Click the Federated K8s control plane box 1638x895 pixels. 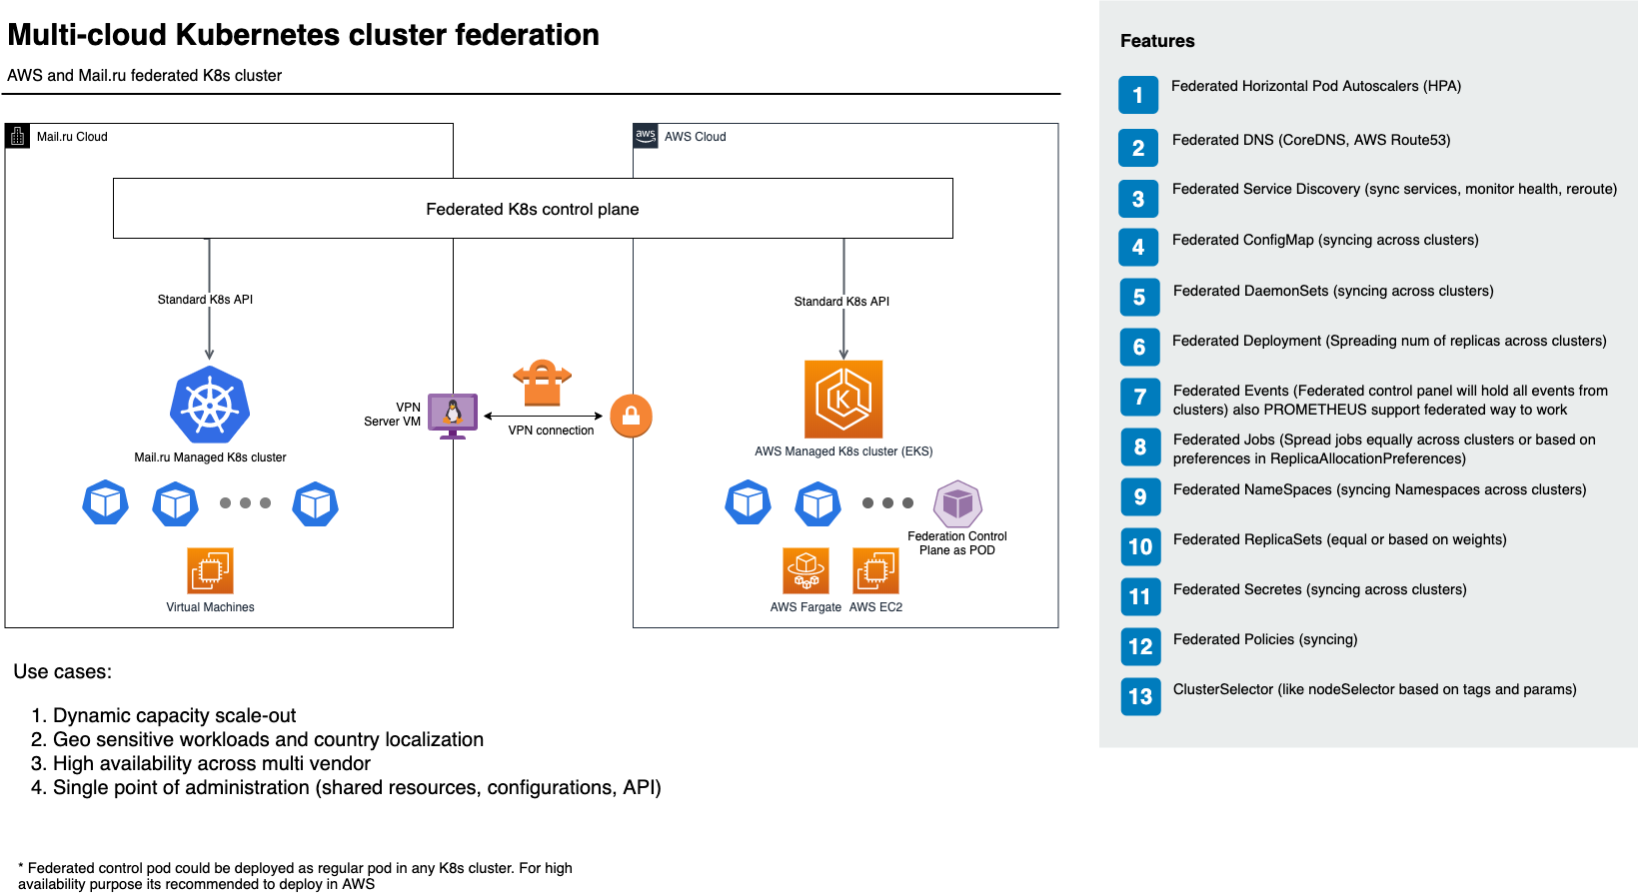tap(533, 209)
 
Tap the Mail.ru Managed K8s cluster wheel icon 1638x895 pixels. tap(210, 405)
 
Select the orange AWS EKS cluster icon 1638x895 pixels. tap(843, 400)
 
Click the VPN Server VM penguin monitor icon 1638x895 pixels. tap(453, 415)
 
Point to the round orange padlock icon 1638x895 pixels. tap(631, 417)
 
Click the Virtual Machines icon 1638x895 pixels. tap(210, 570)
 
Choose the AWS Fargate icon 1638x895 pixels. tap(806, 570)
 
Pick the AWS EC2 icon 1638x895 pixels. tap(875, 570)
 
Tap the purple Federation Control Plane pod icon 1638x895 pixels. tap(957, 504)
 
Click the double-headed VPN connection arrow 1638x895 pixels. tap(543, 416)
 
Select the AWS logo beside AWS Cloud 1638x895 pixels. tap(646, 136)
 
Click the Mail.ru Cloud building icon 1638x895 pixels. tap(18, 136)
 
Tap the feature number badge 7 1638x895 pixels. tap(1140, 398)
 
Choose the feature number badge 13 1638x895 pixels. tap(1140, 697)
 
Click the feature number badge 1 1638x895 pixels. tap(1138, 95)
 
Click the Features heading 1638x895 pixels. tap(1157, 41)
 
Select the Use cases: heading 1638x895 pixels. tap(63, 672)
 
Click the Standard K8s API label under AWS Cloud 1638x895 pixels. tap(841, 302)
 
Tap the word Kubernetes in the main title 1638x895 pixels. tap(246, 35)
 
